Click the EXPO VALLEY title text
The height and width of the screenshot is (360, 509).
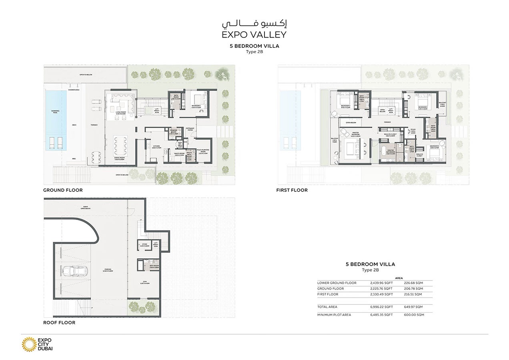254,34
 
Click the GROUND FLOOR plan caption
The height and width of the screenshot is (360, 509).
63,190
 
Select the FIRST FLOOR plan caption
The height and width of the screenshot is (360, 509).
292,190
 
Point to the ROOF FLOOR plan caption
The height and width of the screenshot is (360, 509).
59,322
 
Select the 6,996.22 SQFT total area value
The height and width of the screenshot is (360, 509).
381,307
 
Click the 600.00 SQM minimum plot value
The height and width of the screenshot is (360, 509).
414,315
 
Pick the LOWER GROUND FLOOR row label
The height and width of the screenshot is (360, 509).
337,283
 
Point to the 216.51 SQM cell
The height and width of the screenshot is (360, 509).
414,294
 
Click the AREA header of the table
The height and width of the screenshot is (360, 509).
399,277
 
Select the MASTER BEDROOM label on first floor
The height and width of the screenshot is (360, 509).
355,135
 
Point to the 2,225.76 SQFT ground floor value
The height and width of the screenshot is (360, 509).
381,288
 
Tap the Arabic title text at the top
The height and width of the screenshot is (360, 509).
254,22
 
